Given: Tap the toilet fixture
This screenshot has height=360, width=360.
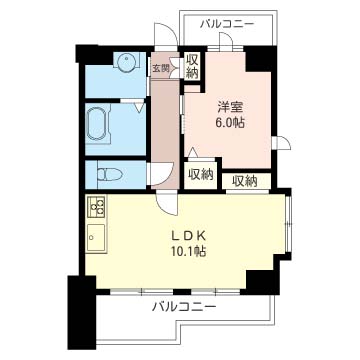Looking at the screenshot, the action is coord(109,174).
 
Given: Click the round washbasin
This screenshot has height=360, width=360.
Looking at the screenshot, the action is coord(126,61).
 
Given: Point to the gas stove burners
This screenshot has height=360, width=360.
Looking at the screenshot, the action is coord(97,206).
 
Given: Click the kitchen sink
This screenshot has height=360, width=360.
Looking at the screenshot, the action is coord(96,238).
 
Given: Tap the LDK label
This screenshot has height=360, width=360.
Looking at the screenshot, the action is coord(188,236).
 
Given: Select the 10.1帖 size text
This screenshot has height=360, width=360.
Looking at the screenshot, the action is coord(187,251).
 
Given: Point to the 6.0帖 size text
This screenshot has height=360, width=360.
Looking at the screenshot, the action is coord(231,123).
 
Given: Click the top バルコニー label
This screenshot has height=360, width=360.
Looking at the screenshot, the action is coord(228,24).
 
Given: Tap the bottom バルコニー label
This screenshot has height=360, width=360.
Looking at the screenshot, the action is coord(184,306).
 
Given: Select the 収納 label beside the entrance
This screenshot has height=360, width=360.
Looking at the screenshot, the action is coord(192,66).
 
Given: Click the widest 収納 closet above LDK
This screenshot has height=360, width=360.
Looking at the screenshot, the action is coord(245,181).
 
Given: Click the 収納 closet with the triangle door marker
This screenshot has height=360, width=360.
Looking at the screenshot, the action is coord(200,174).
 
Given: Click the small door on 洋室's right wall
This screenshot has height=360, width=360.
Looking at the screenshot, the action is coord(281,143).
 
